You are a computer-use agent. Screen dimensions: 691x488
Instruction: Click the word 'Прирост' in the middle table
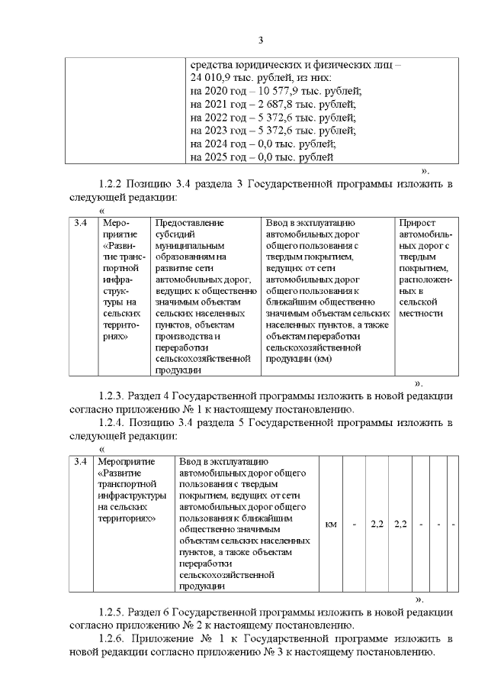(x=418, y=222)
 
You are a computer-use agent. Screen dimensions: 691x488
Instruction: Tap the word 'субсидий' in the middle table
(x=175, y=235)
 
